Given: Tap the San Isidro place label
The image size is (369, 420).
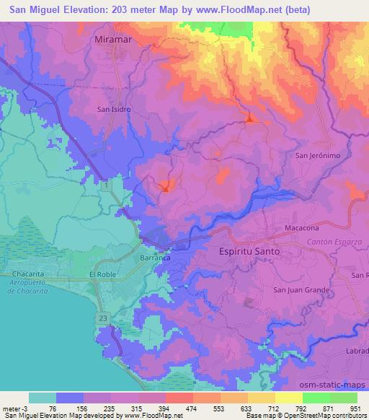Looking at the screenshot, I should tap(112, 110).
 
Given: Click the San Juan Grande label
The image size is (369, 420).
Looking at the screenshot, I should tap(301, 289).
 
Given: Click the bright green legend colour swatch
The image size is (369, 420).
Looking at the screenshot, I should tap(316, 398).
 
